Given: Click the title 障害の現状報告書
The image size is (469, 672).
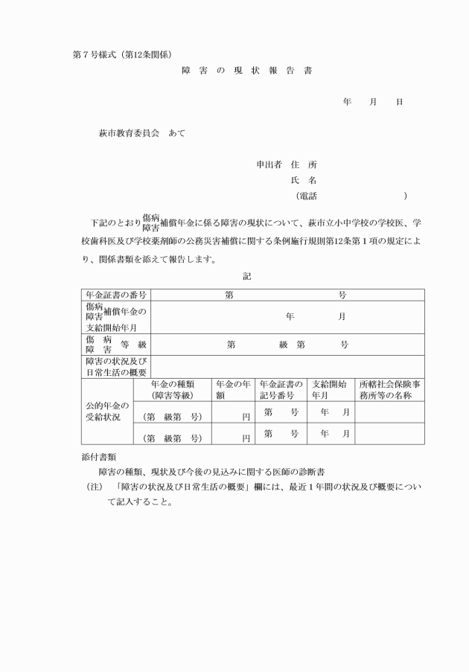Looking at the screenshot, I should point(246,71).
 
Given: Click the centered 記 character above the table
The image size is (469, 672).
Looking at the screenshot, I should point(247,276).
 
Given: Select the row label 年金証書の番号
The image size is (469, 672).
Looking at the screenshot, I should point(115,295).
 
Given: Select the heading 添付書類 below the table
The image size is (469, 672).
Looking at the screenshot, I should point(99,455).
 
